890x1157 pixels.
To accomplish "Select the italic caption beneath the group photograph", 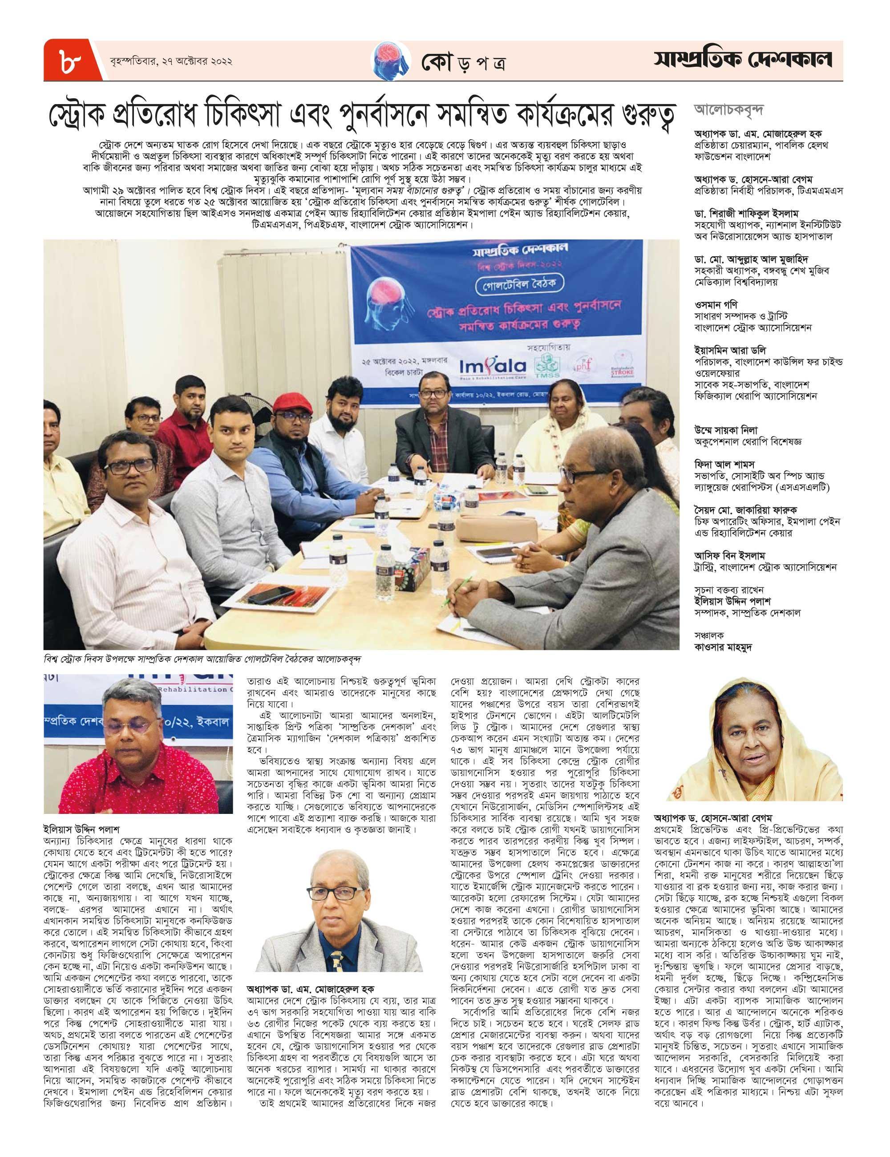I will (206, 659).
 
